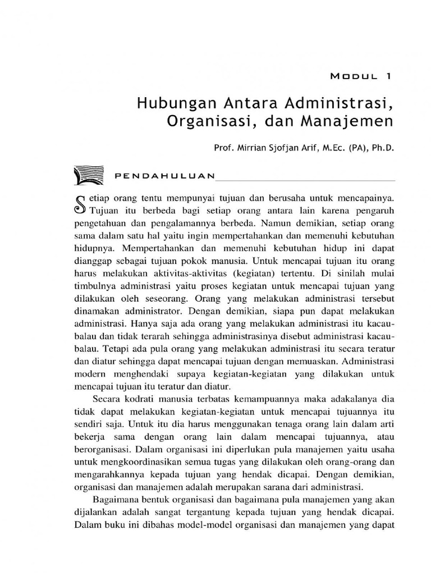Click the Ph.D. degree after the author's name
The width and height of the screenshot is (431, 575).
click(x=382, y=148)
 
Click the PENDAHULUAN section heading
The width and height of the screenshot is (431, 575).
click(x=164, y=175)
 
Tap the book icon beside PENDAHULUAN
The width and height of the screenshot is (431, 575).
click(x=89, y=175)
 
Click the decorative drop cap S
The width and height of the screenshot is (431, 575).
click(x=80, y=205)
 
